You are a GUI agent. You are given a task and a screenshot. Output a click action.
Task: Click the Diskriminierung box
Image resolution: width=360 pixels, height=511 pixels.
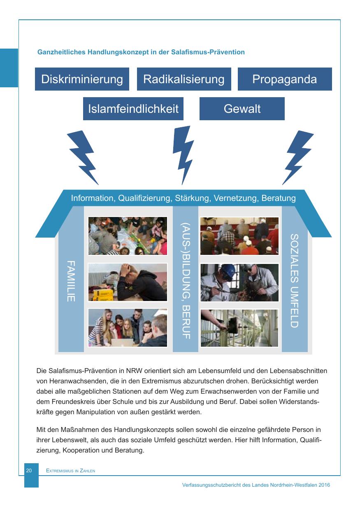[82, 79]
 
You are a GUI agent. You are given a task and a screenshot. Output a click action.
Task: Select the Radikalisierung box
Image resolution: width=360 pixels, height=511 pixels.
[183, 79]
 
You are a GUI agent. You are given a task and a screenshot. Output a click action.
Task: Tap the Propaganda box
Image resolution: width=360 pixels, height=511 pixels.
[284, 79]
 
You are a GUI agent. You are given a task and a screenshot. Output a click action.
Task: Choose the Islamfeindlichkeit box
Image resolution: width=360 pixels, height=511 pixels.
[133, 109]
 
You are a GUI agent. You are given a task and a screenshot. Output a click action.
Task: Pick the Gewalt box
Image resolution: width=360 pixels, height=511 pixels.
[242, 109]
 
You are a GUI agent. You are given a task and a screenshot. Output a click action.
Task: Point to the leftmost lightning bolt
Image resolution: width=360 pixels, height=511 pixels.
[84, 157]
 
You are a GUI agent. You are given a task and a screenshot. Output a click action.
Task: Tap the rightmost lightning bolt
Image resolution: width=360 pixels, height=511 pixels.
[297, 157]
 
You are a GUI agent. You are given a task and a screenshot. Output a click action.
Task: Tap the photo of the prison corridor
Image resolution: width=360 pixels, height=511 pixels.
[239, 328]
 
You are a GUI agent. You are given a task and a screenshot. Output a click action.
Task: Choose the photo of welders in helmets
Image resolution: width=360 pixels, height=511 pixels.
[239, 282]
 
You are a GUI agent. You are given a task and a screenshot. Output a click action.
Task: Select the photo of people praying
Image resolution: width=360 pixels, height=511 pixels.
[239, 236]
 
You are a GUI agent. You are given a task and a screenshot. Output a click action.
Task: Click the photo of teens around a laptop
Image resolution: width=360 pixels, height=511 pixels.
[128, 328]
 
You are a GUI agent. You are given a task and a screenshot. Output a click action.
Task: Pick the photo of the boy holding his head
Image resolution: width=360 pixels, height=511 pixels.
[128, 282]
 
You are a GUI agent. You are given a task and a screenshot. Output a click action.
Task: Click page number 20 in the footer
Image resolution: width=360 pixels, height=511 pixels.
[29, 470]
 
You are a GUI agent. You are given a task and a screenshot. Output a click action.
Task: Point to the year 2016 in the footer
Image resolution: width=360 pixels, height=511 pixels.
[324, 485]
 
